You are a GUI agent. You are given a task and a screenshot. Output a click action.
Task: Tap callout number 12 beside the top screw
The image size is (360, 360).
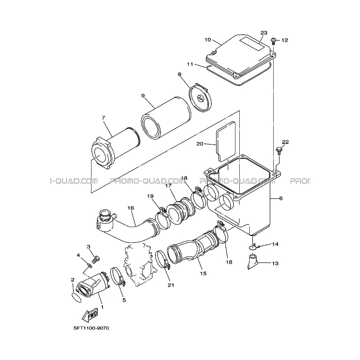pos(284,40)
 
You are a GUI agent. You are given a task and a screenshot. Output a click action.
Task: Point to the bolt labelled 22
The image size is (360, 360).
pos(279,151)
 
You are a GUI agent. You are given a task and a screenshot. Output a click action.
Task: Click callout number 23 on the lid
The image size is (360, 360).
pos(264,33)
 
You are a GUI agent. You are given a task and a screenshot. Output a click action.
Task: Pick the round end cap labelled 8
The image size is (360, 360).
pos(200,97)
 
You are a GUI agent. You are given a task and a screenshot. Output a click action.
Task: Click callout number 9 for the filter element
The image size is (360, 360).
pos(143,95)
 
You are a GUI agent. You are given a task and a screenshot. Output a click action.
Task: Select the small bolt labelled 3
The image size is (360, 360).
pos(95,259)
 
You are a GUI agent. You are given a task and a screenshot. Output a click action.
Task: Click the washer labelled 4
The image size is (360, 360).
pos(90,266)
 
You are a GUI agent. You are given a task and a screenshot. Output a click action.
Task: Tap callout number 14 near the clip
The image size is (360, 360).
pos(275,244)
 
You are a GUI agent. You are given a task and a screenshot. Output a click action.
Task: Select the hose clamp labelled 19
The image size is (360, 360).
pos(162,218)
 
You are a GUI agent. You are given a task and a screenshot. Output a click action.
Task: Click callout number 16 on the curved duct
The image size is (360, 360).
pos(131,208)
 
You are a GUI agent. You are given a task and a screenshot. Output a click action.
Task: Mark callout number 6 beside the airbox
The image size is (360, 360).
pos(281,198)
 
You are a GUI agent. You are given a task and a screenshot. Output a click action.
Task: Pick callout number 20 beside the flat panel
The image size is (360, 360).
pos(200,144)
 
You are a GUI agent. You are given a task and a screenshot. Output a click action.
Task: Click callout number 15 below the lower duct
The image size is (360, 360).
pos(203,273)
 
